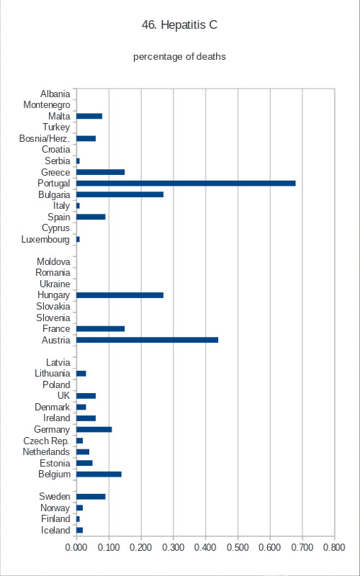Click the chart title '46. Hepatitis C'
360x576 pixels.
(179, 25)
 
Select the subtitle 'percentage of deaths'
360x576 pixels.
(179, 57)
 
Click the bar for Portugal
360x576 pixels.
(186, 184)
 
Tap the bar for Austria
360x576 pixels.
(148, 340)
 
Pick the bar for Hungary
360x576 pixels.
(120, 295)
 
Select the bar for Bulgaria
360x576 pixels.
(120, 194)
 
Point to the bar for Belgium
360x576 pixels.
(99, 474)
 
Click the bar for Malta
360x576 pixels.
(89, 117)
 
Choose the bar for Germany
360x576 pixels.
(94, 429)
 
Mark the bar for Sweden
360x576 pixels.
(91, 497)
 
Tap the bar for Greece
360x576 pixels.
(101, 172)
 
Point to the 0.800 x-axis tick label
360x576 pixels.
(335, 547)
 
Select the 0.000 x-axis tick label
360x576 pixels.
(76, 547)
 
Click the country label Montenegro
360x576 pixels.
(47, 105)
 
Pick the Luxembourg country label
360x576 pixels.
(45, 240)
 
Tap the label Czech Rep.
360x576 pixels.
(46, 441)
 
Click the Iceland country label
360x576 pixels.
(55, 531)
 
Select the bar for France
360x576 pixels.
(101, 329)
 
